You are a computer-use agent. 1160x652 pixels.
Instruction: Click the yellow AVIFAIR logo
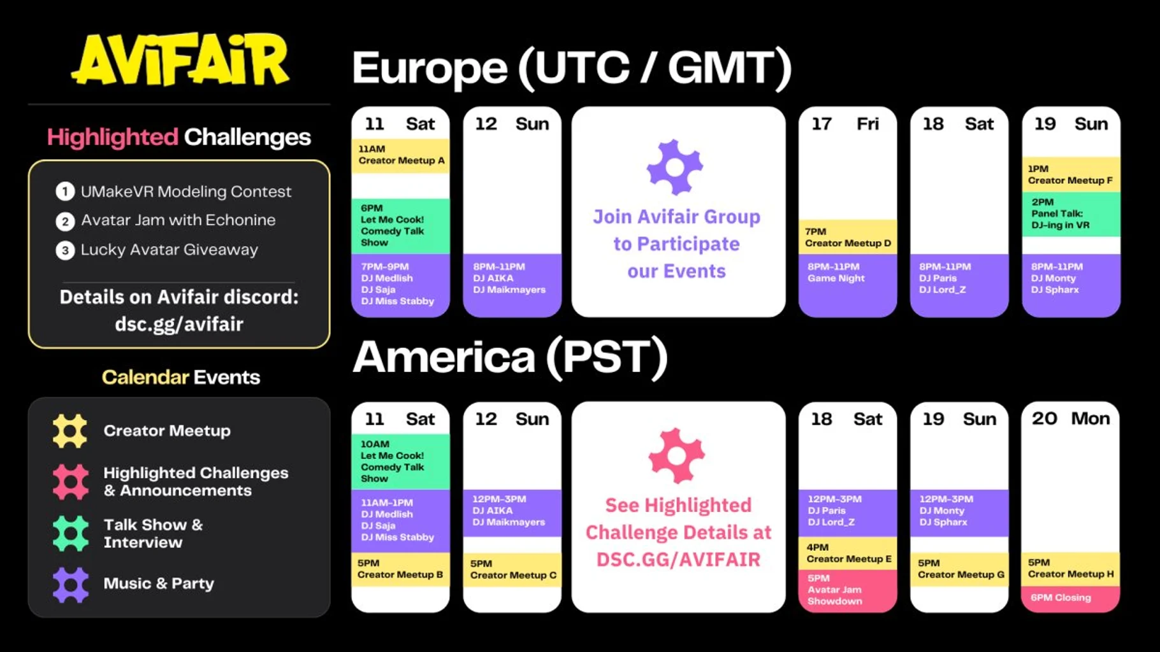point(180,59)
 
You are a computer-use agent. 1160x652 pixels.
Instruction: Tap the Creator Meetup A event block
point(400,156)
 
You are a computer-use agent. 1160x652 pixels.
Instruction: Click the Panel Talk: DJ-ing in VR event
point(1071,215)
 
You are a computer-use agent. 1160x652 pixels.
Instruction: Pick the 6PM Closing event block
point(1071,598)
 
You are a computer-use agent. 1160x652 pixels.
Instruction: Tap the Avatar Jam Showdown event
point(847,590)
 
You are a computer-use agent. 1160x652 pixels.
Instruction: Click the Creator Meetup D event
point(847,237)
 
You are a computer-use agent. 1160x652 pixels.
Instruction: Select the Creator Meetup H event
point(1071,569)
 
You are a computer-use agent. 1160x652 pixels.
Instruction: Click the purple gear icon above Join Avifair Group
point(675,167)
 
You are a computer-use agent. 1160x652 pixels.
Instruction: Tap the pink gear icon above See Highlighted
point(677,456)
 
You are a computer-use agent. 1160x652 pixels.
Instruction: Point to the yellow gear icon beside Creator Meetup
point(70,431)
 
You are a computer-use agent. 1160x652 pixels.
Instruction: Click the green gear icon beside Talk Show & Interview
point(70,534)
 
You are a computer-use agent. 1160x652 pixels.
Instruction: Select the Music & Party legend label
point(159,583)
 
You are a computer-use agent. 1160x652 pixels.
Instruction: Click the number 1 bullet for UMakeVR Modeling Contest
point(65,191)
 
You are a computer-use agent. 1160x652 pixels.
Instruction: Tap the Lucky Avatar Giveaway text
point(170,250)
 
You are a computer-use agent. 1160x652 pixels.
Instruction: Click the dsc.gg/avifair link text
point(179,324)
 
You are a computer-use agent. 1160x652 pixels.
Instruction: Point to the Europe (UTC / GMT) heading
point(572,67)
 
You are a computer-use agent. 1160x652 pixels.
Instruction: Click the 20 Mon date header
point(1071,418)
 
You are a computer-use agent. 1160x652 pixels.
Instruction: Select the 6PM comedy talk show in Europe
point(400,225)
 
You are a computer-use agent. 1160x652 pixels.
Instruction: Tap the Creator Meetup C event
point(512,570)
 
